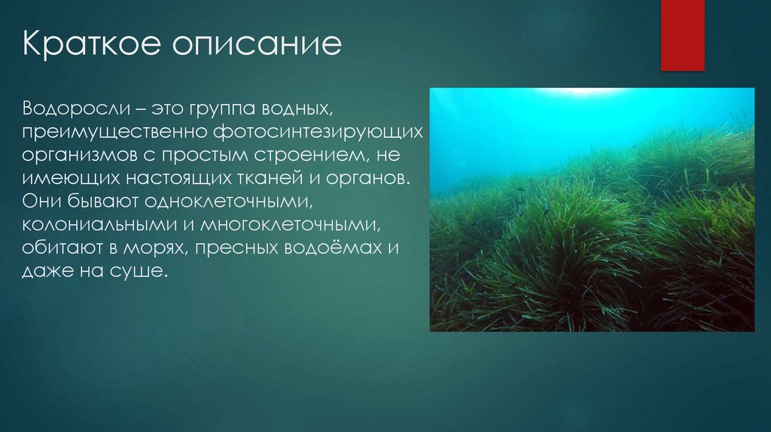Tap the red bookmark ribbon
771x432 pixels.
(x=682, y=35)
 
